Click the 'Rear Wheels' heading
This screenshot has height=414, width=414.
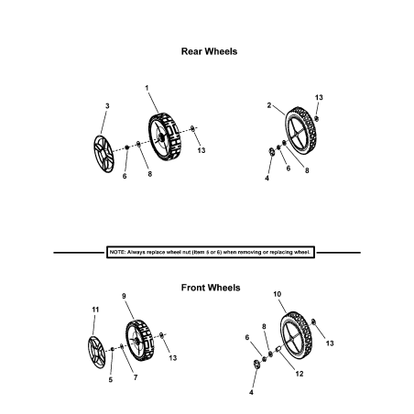(210, 51)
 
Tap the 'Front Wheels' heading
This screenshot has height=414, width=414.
(210, 288)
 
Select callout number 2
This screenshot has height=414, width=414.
(268, 106)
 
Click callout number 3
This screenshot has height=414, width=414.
(107, 107)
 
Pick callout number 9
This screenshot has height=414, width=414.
(124, 296)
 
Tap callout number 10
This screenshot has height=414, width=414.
(277, 294)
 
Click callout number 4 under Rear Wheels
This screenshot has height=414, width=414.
(267, 179)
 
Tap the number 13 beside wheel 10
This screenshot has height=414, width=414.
(330, 343)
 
